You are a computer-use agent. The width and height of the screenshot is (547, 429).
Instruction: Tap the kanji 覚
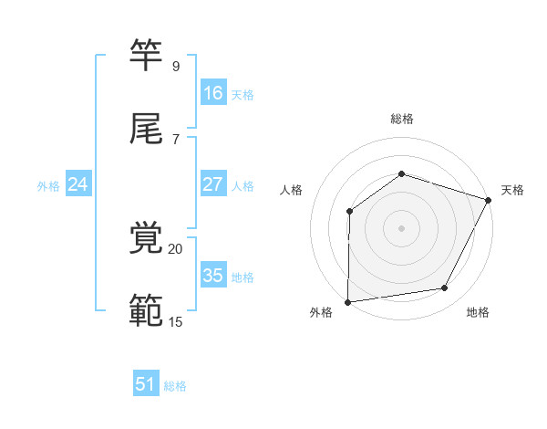pos(148,239)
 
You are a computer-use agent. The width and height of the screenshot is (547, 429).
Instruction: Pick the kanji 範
pos(148,310)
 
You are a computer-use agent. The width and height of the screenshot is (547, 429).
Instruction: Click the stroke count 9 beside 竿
pos(175,67)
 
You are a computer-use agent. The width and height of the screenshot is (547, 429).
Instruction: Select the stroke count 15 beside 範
pos(175,321)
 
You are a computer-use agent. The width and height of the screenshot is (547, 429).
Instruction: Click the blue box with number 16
pos(213,92)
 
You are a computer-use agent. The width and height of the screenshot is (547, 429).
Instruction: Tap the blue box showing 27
pos(213,184)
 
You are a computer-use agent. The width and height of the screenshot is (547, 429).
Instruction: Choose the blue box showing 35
pos(213,276)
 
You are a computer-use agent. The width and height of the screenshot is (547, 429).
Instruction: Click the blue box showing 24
pos(78,184)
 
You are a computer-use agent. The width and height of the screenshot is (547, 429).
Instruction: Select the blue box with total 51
pos(146,384)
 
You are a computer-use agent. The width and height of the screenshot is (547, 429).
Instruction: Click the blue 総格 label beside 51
pos(175,386)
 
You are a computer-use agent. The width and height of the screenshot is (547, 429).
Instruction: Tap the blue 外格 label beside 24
pos(48,186)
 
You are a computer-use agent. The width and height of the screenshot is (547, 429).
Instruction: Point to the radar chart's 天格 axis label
pos(512,190)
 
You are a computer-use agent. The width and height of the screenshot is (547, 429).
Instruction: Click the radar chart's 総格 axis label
pos(402,119)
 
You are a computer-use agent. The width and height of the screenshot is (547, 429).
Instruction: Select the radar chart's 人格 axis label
pos(292,190)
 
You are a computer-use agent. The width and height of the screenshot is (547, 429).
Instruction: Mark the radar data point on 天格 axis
pos(489,200)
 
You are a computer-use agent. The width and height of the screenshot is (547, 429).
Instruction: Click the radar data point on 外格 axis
pos(347,302)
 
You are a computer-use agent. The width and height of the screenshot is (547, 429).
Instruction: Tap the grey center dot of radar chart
pos(401,228)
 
